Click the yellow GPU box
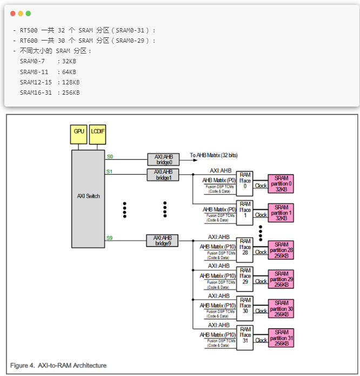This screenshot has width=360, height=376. pyautogui.click(x=78, y=134)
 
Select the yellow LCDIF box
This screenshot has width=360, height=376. pyautogui.click(x=97, y=134)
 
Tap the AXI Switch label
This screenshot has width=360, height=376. pyautogui.click(x=89, y=196)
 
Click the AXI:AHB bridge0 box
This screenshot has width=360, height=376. pyautogui.click(x=163, y=160)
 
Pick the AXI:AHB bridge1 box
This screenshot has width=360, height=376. pyautogui.click(x=163, y=175)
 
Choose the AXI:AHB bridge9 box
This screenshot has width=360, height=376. pyautogui.click(x=162, y=241)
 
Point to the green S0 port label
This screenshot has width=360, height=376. pyautogui.click(x=110, y=156)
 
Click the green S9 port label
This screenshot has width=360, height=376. pyautogui.click(x=110, y=238)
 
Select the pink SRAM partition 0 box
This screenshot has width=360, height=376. pyautogui.click(x=281, y=184)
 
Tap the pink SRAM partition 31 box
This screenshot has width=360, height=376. pyautogui.click(x=281, y=338)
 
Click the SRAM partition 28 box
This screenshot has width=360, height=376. pyautogui.click(x=281, y=250)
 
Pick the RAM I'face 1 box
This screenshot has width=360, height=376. pyautogui.click(x=245, y=213)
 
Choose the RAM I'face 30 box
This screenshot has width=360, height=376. pyautogui.click(x=245, y=308)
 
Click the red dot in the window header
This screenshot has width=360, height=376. pyautogui.click(x=13, y=14)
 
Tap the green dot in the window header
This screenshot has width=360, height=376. pyautogui.click(x=28, y=14)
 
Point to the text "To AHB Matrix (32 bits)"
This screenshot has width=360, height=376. pyautogui.click(x=214, y=155)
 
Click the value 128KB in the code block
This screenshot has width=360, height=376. pyautogui.click(x=71, y=82)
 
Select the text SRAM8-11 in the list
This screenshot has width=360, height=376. pyautogui.click(x=34, y=72)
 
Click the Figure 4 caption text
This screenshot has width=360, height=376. pyautogui.click(x=58, y=365)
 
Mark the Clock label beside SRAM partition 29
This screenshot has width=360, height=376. pyautogui.click(x=261, y=281)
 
